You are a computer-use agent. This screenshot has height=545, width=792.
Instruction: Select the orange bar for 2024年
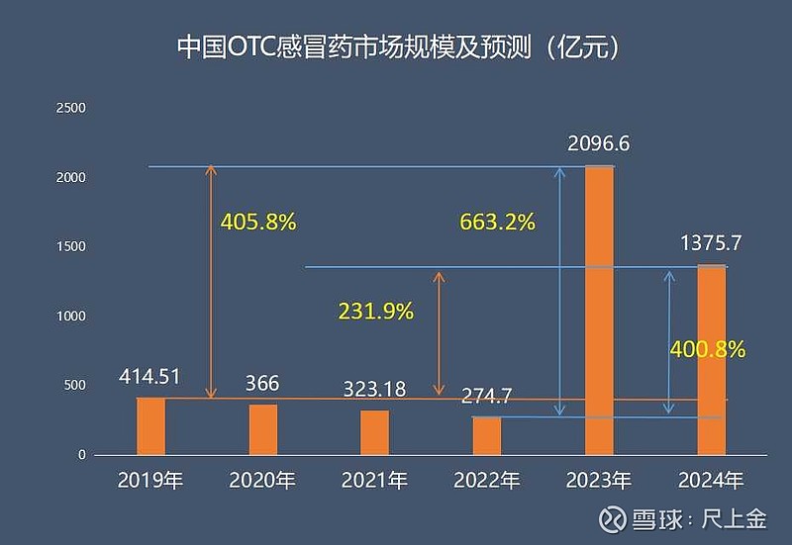click(x=711, y=360)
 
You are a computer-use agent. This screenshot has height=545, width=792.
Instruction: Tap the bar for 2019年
click(x=150, y=426)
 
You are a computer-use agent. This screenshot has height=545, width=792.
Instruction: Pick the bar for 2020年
click(x=263, y=429)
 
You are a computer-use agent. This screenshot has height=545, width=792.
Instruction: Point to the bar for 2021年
click(x=374, y=432)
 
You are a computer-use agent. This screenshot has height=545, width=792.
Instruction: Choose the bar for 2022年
click(x=486, y=435)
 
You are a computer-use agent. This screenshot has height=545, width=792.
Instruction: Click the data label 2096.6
click(x=599, y=144)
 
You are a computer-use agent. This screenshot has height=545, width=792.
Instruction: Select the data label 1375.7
click(x=710, y=243)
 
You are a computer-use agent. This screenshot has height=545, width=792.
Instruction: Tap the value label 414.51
click(x=150, y=377)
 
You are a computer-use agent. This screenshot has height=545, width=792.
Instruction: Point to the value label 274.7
click(x=486, y=397)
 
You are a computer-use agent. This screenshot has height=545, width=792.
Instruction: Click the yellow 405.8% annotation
click(x=258, y=222)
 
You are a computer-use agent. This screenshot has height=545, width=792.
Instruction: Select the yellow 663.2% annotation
click(x=497, y=222)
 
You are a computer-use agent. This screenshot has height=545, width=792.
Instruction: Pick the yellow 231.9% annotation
click(x=375, y=311)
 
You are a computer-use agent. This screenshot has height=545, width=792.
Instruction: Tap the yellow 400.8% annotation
click(x=707, y=349)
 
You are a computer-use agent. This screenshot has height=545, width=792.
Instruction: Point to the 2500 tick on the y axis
click(x=74, y=108)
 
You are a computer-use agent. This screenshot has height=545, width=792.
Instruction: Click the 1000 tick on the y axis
click(x=74, y=317)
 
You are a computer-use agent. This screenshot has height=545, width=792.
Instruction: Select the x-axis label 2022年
click(x=486, y=482)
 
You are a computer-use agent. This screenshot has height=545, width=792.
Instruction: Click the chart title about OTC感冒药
click(x=396, y=47)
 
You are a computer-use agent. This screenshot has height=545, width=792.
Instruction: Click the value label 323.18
click(x=374, y=389)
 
